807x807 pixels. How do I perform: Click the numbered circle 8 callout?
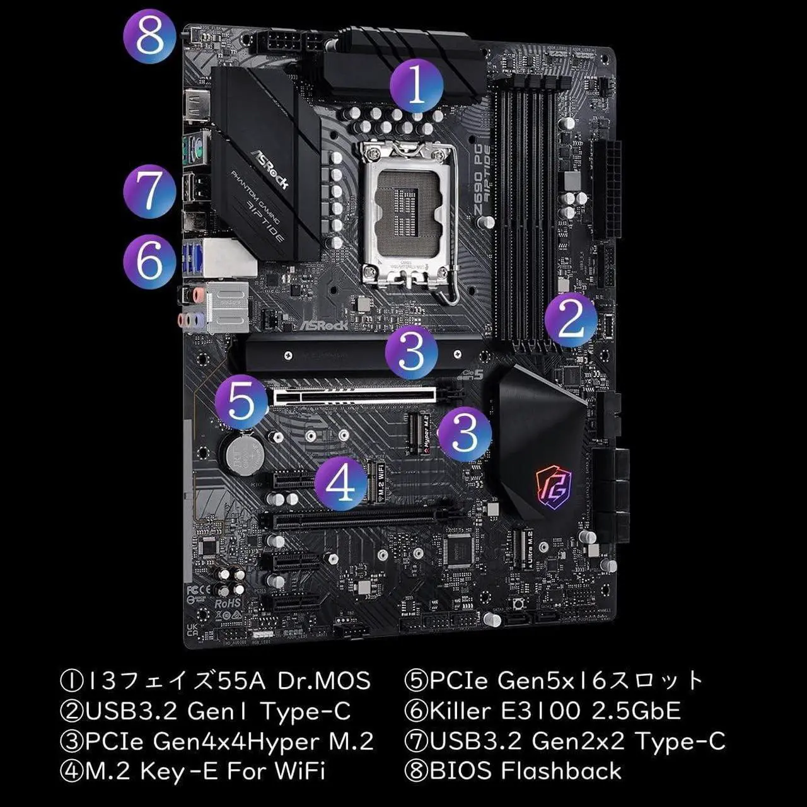(149, 36)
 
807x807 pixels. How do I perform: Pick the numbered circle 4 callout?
(341, 483)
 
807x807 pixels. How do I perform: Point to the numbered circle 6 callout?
(149, 262)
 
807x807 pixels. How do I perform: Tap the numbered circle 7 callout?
(149, 190)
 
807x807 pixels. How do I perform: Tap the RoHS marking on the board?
(228, 603)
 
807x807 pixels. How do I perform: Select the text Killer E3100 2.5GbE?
(555, 711)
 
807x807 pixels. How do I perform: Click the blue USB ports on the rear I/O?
(192, 259)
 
